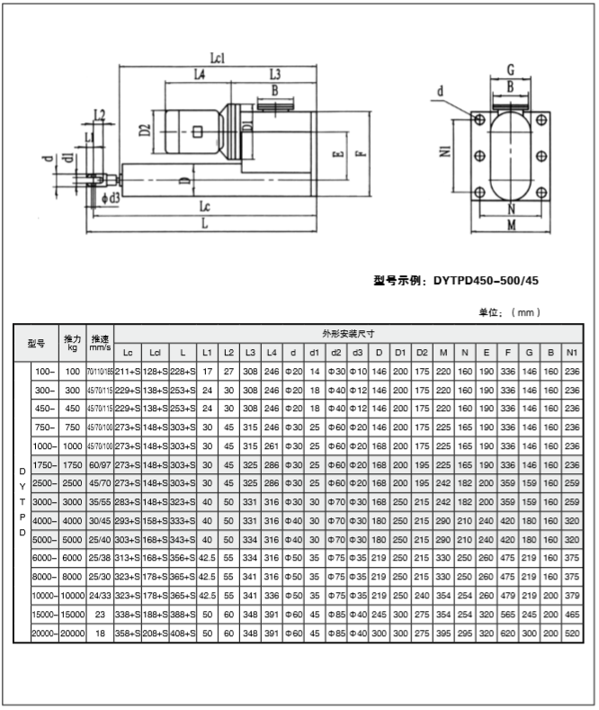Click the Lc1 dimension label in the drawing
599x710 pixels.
pyautogui.click(x=217, y=58)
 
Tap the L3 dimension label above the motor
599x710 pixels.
pyautogui.click(x=274, y=74)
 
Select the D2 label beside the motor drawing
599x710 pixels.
pyautogui.click(x=145, y=129)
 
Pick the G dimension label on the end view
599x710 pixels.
pyautogui.click(x=509, y=69)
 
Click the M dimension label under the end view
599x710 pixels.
pyautogui.click(x=510, y=225)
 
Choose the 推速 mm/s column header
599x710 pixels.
pyautogui.click(x=101, y=343)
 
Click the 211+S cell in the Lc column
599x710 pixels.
pyautogui.click(x=128, y=371)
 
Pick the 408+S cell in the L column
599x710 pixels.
pyautogui.click(x=183, y=634)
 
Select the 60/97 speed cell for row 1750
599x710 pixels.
pyautogui.click(x=101, y=464)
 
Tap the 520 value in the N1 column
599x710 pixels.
pyautogui.click(x=571, y=634)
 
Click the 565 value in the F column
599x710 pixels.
pyautogui.click(x=508, y=615)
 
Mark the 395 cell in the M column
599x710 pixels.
pyautogui.click(x=443, y=634)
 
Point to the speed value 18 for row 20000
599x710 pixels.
pyautogui.click(x=101, y=634)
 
